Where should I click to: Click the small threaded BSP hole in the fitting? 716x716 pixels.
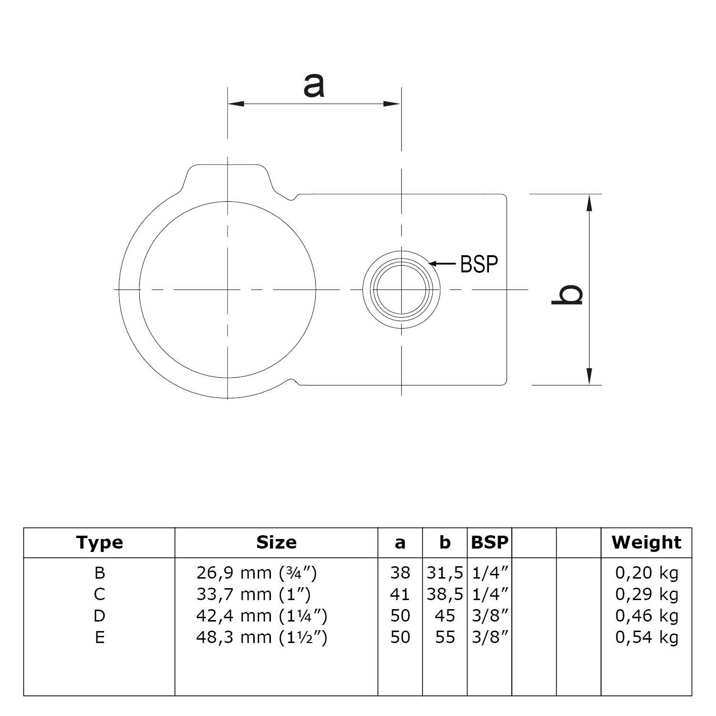point(401,290)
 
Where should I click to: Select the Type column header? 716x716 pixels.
point(99,542)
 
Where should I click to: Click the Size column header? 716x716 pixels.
point(276,542)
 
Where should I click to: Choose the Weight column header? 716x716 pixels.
point(646,542)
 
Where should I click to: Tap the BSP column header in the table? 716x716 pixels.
point(489,542)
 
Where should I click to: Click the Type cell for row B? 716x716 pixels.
point(99,572)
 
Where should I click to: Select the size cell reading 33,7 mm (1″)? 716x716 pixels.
point(253,594)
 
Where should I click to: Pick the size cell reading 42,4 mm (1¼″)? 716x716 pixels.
point(261,616)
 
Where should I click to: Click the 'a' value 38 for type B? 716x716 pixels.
point(400,572)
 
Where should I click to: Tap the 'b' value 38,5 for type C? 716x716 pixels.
point(445,594)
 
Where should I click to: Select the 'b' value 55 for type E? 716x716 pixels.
point(445,637)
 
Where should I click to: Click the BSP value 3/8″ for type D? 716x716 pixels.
point(489,616)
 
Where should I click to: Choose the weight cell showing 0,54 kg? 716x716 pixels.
point(646,637)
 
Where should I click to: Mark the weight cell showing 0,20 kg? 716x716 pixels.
point(646,572)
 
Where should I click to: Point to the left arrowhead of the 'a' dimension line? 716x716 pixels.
point(236,103)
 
